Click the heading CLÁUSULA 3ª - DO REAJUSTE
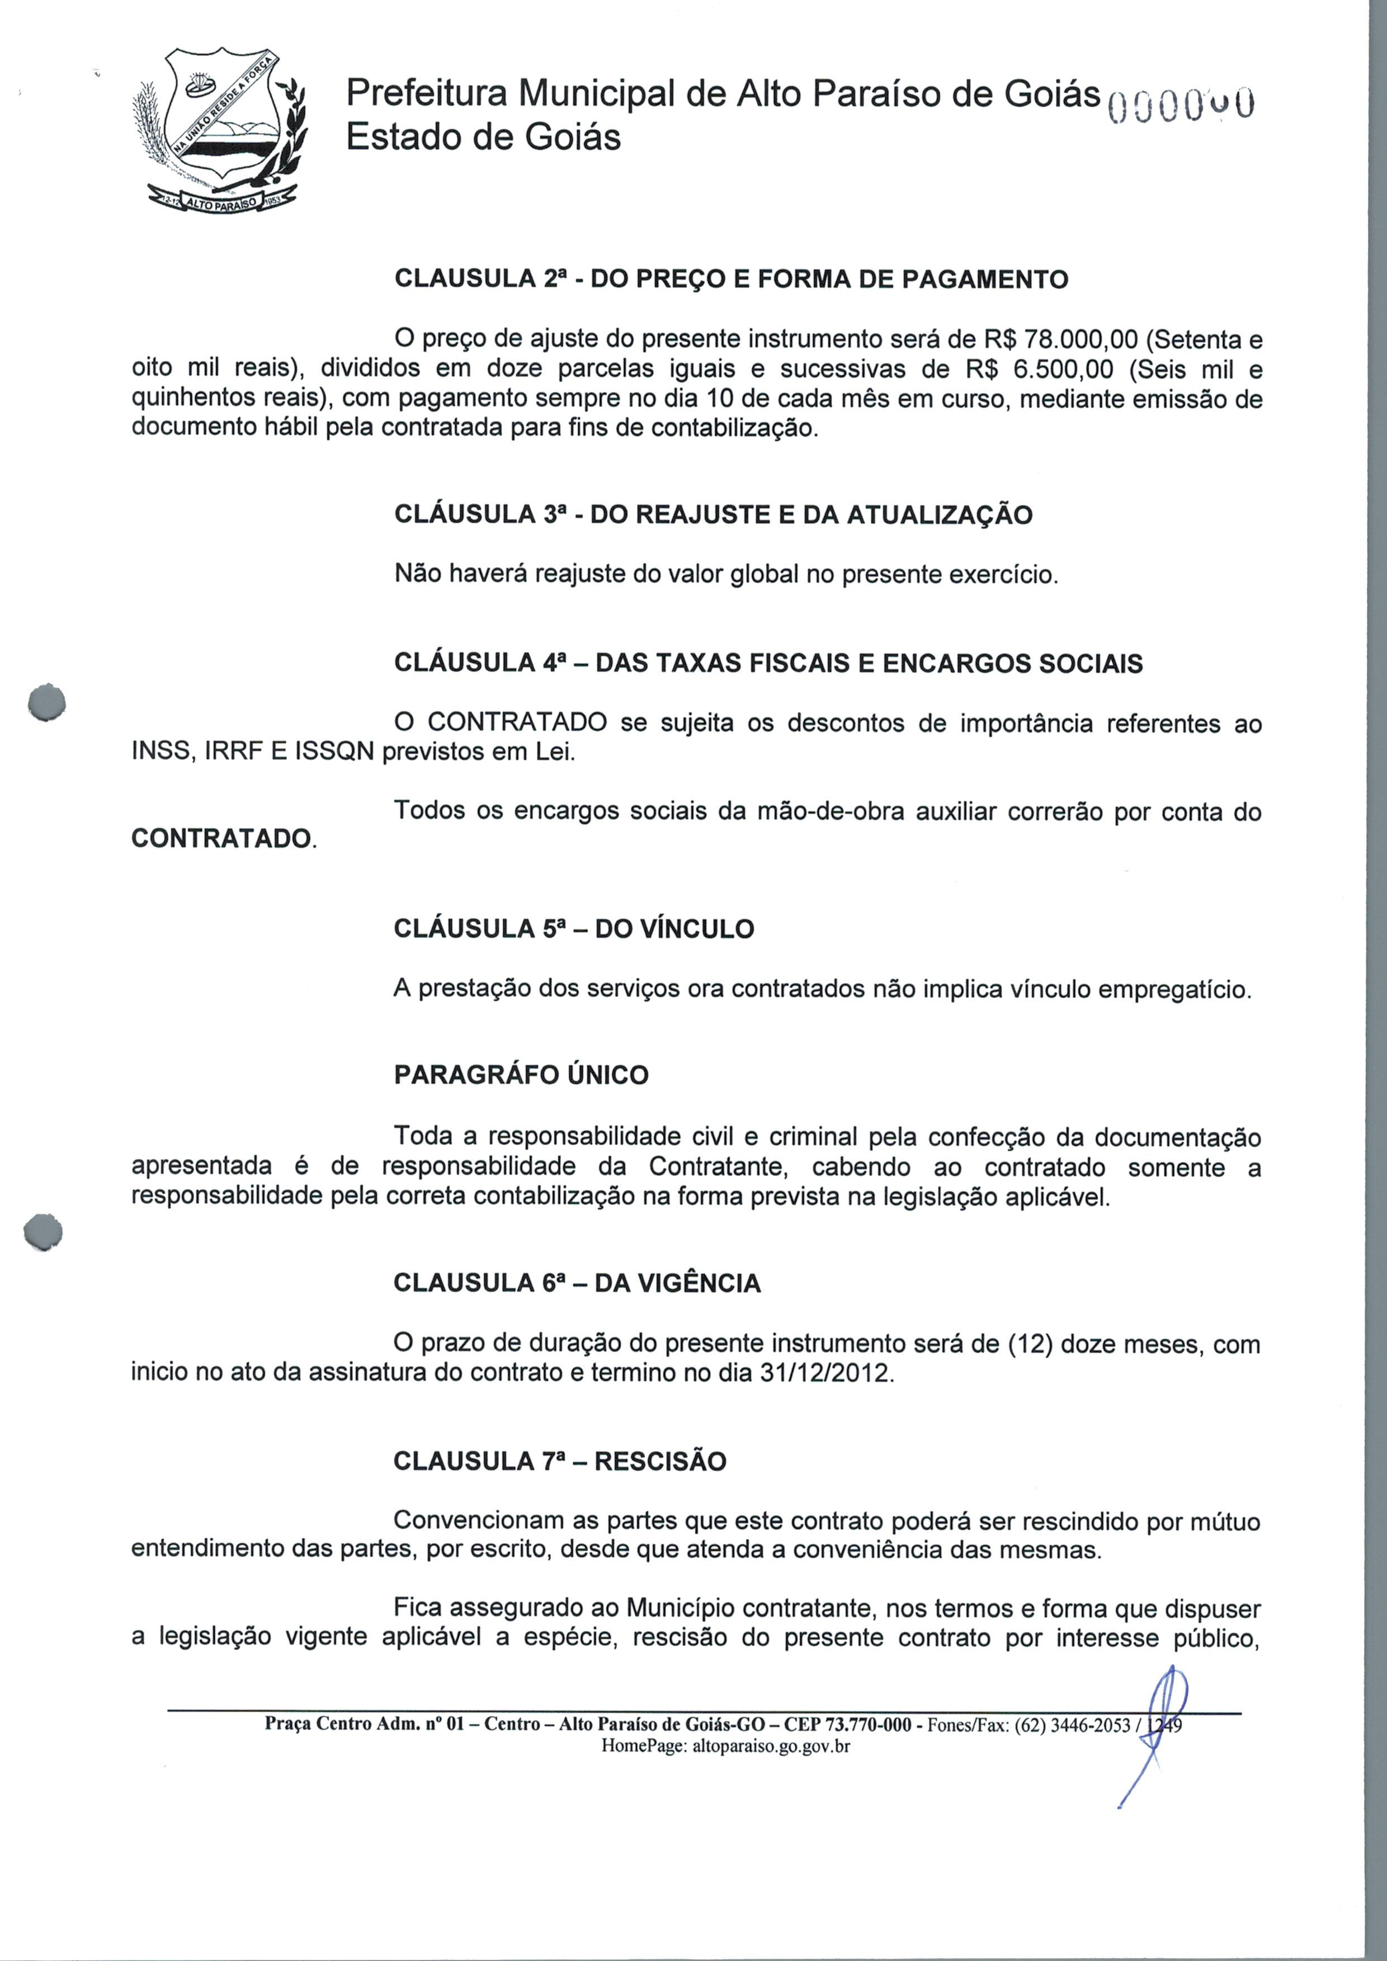click(713, 514)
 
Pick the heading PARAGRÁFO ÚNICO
click(521, 1075)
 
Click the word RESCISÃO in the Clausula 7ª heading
click(660, 1461)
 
